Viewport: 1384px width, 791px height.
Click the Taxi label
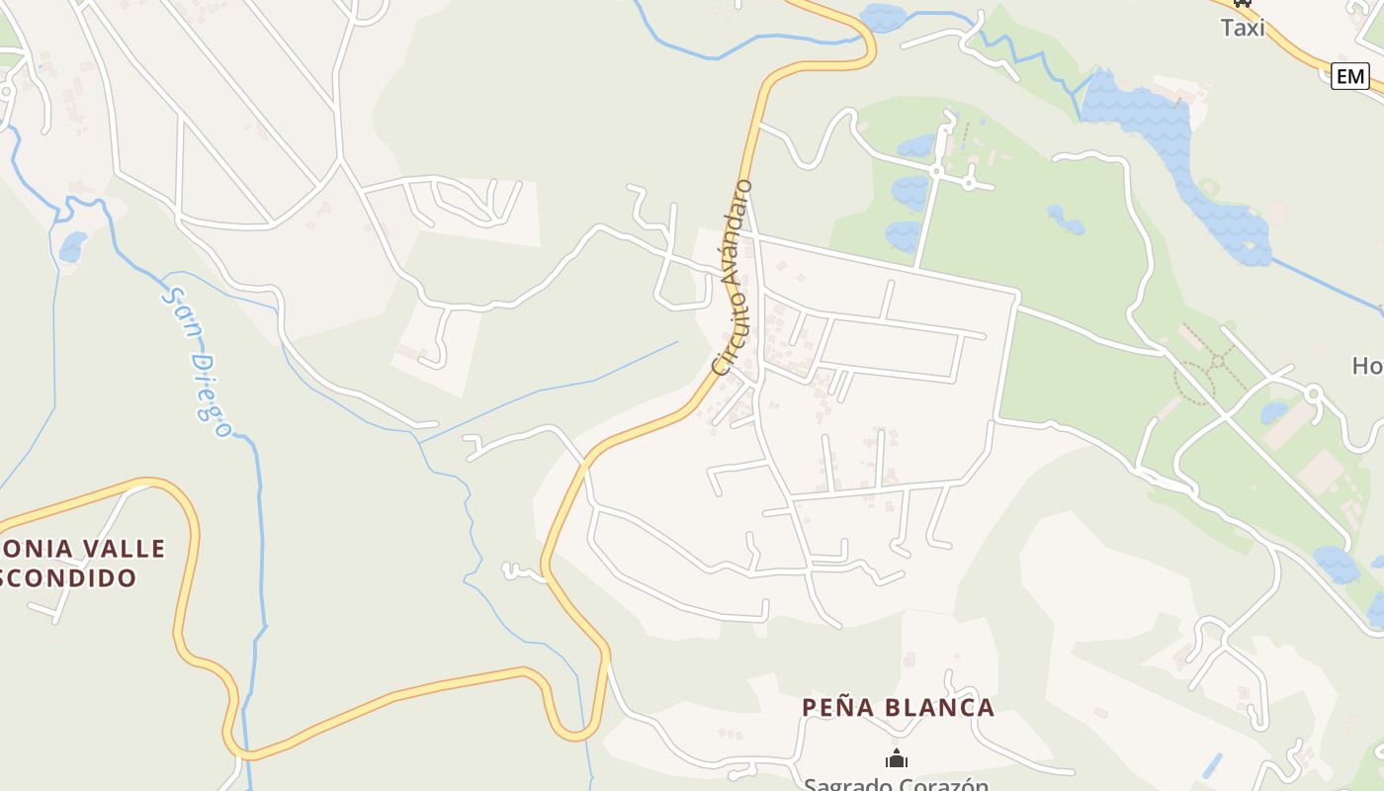(1243, 28)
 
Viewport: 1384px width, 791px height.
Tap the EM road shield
(1349, 76)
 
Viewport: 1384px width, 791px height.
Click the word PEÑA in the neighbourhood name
(837, 708)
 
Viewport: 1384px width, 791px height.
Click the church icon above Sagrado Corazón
(897, 759)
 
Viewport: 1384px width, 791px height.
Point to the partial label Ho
(1367, 366)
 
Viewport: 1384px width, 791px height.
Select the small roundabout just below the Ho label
(1314, 394)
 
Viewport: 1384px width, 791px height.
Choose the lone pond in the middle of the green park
(1066, 220)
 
